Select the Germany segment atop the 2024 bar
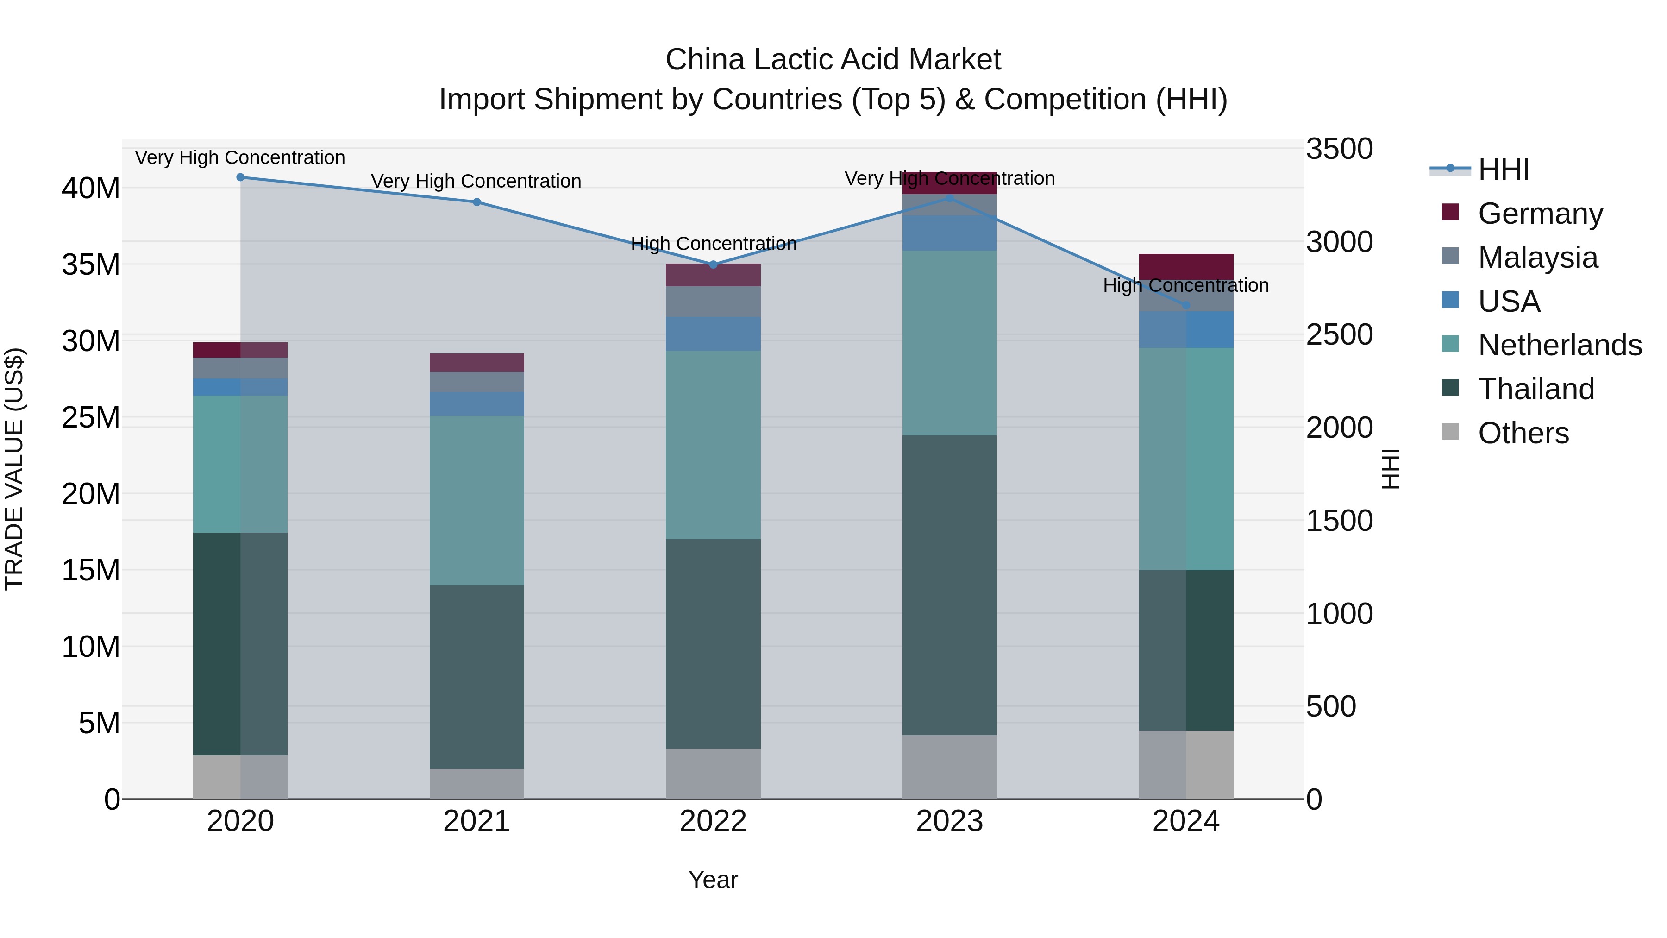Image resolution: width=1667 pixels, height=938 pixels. click(1186, 267)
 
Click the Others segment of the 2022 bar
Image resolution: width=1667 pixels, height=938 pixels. click(713, 774)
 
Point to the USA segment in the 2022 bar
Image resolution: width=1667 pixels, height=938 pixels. click(713, 334)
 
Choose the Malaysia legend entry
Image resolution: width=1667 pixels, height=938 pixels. click(1537, 258)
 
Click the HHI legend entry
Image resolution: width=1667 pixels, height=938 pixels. click(1503, 170)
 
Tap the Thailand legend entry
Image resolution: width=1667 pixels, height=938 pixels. click(1535, 389)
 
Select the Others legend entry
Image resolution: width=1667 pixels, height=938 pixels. click(1523, 433)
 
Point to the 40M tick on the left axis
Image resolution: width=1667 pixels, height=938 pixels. click(91, 189)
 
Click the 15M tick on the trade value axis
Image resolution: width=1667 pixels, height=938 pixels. click(91, 570)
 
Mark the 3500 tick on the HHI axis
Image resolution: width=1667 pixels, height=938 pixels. click(1339, 149)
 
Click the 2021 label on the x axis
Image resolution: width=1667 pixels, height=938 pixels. click(476, 821)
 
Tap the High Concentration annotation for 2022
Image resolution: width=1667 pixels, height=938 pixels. click(713, 244)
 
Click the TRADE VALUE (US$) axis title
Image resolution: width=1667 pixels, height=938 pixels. click(15, 469)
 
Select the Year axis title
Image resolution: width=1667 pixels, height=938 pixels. click(713, 880)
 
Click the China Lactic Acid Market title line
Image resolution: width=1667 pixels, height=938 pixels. click(833, 60)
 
